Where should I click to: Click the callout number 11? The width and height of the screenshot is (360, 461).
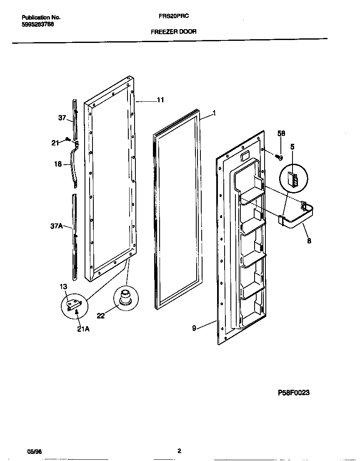160,100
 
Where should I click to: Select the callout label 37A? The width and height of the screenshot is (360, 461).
56,226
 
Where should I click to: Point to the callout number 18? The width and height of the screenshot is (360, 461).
58,164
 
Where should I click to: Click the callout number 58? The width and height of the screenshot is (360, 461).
281,133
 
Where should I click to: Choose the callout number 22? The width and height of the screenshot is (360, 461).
100,316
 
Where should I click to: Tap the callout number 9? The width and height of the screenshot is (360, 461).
194,328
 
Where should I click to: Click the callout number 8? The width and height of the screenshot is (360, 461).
309,241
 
